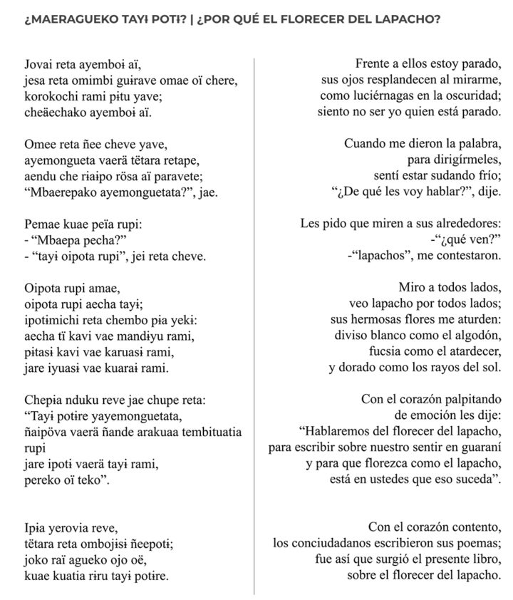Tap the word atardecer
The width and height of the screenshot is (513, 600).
click(x=470, y=351)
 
